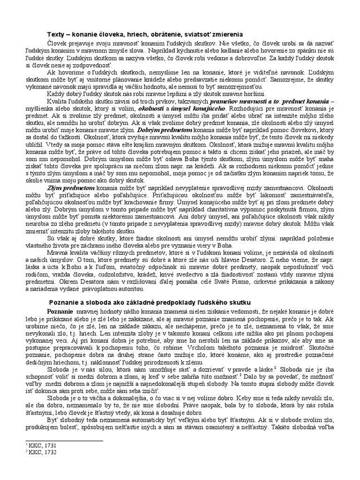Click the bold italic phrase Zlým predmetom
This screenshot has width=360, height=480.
click(69, 187)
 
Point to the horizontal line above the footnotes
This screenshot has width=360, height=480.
click(63, 440)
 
